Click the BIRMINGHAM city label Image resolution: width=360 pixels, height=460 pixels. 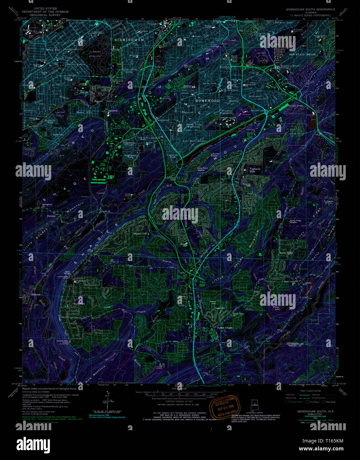129,40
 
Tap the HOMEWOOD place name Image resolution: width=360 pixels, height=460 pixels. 207,100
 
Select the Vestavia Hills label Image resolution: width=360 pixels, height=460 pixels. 252,170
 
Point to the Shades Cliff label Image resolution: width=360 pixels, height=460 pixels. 140,234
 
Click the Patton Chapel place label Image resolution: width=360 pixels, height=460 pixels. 225,328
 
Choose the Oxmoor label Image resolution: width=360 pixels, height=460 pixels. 51,216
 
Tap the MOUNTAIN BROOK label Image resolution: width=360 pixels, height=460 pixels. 302,54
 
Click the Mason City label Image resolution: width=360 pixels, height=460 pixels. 84,113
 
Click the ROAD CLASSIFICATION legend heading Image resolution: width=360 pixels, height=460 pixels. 308,391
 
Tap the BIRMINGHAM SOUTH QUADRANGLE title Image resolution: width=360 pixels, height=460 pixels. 310,10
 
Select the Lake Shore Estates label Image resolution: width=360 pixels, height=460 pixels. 195,141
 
